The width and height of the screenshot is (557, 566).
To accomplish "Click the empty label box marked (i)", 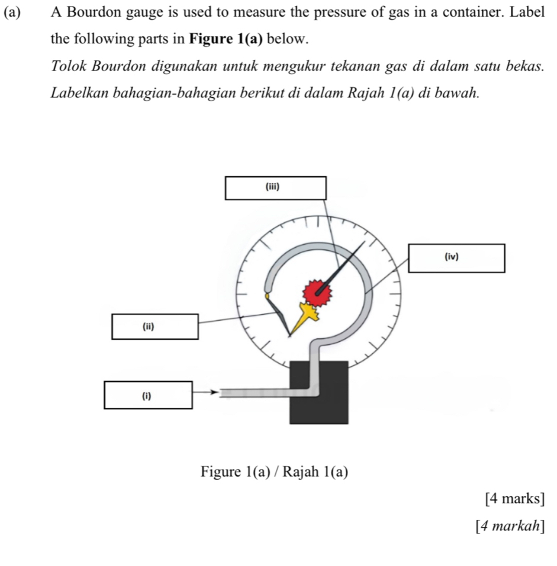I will click(x=148, y=395).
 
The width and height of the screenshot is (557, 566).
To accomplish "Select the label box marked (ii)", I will click(x=154, y=327).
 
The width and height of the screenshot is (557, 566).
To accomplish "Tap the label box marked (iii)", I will click(x=275, y=188).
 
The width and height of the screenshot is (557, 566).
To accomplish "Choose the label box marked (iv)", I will click(x=456, y=258).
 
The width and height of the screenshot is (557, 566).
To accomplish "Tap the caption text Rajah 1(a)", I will click(x=315, y=472).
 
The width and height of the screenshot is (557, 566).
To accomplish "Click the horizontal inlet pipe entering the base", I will click(x=260, y=392).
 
